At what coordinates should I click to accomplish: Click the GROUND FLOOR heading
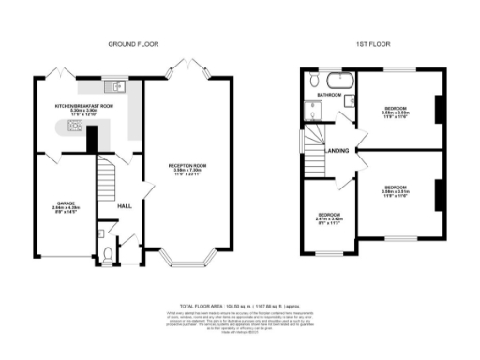(x=133, y=44)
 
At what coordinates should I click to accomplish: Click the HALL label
(x=122, y=206)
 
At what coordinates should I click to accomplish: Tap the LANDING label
(x=337, y=150)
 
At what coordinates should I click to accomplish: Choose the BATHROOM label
(x=328, y=96)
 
